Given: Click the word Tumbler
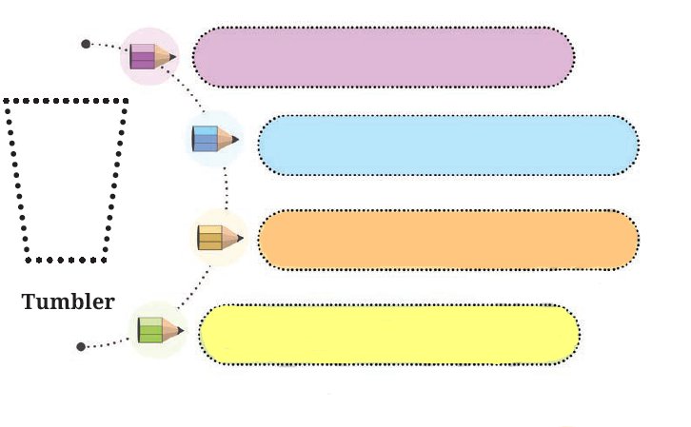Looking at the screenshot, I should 68,302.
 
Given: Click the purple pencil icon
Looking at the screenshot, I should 150,56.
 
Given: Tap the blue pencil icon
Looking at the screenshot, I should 213,139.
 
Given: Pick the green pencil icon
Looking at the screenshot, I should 158,330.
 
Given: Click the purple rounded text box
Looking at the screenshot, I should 384,57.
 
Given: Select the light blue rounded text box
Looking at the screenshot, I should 447,146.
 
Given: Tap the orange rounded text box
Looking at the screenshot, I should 447,240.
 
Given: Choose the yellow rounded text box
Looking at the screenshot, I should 389,334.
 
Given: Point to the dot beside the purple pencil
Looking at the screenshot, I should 86,44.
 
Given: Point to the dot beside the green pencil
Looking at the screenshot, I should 81,346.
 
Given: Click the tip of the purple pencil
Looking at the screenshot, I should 175,56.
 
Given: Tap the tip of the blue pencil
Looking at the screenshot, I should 236,140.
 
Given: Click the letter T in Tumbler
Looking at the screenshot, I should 29,302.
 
